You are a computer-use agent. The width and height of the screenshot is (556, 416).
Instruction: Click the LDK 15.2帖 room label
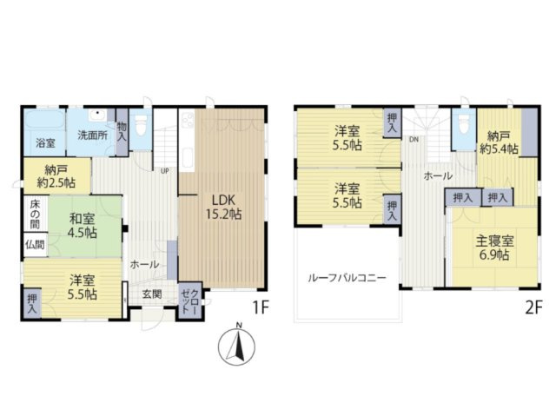pos(224,207)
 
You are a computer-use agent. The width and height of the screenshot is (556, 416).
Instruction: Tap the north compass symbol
pos(237,346)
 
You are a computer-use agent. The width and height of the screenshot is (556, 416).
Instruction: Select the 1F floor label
pos(261,307)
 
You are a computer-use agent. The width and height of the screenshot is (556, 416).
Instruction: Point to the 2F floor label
pos(533,307)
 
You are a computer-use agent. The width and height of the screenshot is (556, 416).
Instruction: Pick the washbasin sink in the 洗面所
pos(98,115)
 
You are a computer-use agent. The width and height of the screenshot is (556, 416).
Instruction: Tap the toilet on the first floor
pos(141,125)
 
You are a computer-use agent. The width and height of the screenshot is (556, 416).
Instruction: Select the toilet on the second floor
pos(463,125)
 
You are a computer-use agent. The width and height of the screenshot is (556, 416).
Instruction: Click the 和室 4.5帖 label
pos(83,225)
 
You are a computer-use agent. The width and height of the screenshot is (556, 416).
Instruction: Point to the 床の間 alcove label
pos(35,214)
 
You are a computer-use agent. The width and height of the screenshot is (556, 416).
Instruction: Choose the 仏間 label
pos(35,244)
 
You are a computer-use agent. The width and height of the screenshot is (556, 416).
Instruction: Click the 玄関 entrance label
pos(152,294)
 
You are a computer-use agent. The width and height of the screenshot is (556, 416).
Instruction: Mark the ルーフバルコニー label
pos(347,277)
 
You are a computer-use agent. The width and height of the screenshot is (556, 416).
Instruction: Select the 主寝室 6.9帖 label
pos(494,248)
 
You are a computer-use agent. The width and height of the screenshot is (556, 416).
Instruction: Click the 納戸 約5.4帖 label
pos(499,142)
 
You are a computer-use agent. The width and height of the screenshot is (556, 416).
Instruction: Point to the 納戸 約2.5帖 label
pos(56,176)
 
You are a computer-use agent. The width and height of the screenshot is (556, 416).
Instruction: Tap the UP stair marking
pos(165,171)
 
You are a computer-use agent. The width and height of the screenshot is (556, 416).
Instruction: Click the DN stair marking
pos(414,139)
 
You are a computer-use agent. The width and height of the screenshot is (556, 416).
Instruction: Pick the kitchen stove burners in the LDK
pos(188,121)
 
